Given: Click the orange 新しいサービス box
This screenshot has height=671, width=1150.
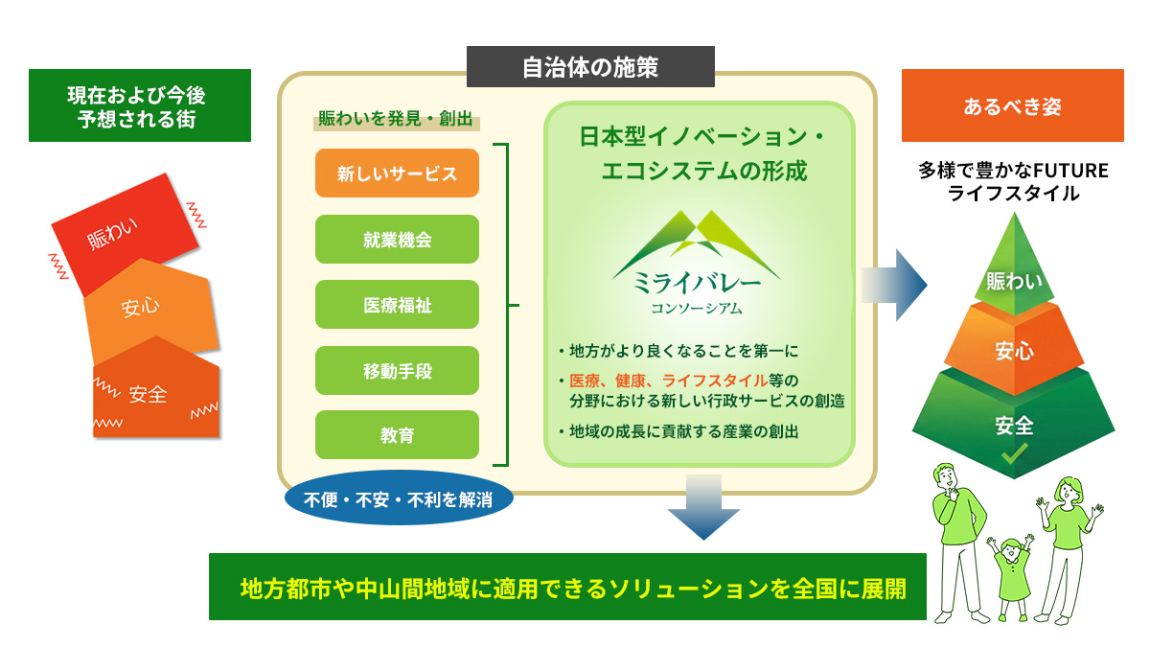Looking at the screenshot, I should (x=397, y=174).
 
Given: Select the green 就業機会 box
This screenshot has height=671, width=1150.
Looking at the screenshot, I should (x=397, y=240).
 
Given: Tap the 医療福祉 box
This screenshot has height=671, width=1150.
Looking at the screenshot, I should (x=397, y=305).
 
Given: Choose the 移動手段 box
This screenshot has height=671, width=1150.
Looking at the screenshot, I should (x=397, y=370).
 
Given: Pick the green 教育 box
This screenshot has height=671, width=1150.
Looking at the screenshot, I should (x=397, y=435).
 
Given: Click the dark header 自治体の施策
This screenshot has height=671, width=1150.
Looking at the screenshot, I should (x=590, y=67).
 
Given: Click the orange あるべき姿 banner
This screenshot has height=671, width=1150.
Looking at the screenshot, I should (x=1012, y=106).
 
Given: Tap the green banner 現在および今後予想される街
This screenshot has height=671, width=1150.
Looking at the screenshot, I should (x=139, y=106).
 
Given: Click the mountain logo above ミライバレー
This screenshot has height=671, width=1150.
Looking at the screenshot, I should (x=685, y=240).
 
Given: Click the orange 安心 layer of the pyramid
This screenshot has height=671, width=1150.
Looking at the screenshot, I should (x=1014, y=350).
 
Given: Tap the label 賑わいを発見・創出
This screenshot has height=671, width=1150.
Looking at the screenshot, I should (x=396, y=121).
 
